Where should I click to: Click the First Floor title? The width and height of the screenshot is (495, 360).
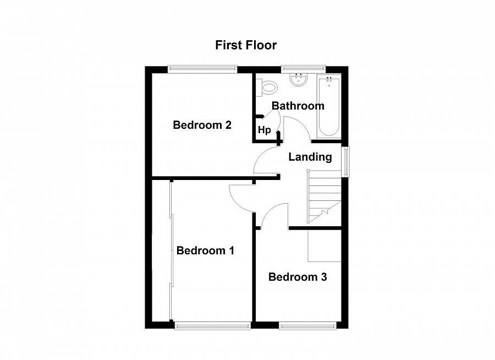click(246, 45)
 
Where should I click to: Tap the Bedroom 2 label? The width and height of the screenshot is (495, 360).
click(202, 125)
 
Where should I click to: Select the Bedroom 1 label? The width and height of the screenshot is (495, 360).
click(205, 250)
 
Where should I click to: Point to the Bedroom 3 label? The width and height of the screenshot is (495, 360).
click(298, 277)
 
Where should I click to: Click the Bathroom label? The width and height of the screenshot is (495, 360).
click(298, 106)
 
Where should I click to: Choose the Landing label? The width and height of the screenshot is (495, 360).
click(310, 157)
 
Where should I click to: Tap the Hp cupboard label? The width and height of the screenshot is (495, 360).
click(264, 130)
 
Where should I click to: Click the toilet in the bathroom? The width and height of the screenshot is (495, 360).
click(266, 87)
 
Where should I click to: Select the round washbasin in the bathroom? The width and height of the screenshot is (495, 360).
click(298, 80)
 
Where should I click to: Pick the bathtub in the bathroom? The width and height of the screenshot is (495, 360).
click(329, 106)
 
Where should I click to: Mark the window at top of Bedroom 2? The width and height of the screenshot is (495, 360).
click(202, 69)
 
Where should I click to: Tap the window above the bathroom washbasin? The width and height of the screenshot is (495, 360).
click(303, 69)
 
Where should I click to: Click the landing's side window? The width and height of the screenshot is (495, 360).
click(346, 161)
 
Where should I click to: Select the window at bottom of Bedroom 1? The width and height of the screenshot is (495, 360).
click(213, 325)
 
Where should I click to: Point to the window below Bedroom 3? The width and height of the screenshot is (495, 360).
click(307, 325)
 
